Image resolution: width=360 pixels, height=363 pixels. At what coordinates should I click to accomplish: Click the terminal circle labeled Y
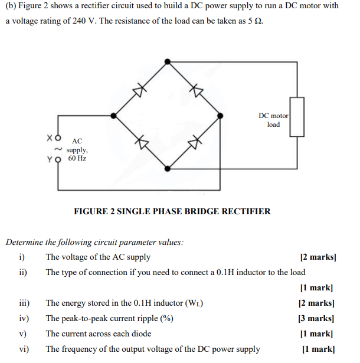pos(57,159)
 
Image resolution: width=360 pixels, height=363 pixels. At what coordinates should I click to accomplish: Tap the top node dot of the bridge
pos(168,61)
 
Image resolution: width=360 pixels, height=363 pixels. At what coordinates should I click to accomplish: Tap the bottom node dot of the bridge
pos(168,168)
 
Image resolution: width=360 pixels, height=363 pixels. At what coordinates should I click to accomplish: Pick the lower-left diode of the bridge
pos(140,142)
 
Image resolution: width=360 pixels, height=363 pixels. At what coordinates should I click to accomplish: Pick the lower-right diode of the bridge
pos(195,142)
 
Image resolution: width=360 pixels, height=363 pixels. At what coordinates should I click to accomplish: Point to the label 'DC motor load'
pos(273,120)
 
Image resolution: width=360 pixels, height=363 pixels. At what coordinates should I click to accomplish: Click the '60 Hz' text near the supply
pos(77,159)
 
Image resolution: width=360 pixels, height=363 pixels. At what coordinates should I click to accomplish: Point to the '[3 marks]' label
pos(317,318)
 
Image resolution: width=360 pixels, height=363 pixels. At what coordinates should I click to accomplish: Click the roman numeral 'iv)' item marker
pos(24,318)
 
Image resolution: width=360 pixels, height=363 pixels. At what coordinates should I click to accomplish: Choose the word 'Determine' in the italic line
pos(24,241)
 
